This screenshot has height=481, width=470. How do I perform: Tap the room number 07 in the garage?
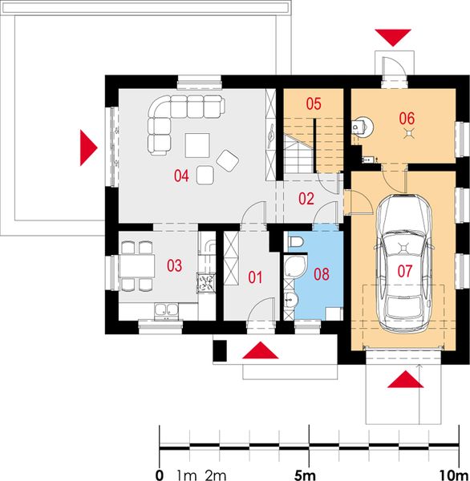[405, 271]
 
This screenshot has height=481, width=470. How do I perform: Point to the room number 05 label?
[313, 103]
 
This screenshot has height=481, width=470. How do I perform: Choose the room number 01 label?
[255, 278]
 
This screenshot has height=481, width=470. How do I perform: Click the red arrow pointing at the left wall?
[87, 148]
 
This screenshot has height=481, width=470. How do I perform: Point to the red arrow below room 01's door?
[262, 350]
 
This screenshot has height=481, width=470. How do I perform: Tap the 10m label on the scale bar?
[456, 476]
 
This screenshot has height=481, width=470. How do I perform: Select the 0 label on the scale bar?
[160, 476]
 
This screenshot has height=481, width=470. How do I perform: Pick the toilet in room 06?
[360, 126]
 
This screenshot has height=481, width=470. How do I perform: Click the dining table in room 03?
[133, 265]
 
